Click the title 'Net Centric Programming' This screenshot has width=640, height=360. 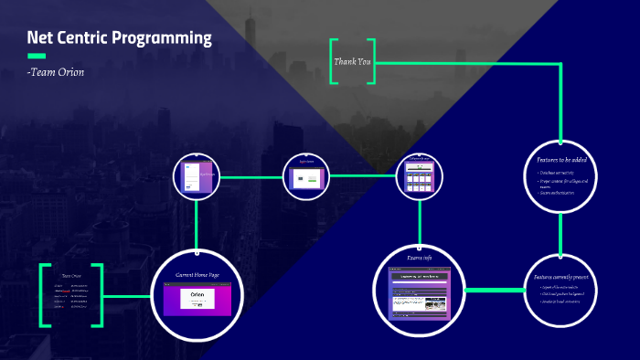tap(119, 38)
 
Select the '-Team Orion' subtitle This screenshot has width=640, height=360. tap(56, 72)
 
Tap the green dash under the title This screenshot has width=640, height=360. tap(37, 57)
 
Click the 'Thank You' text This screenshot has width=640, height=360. tap(353, 62)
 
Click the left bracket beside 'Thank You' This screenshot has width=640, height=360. tap(334, 62)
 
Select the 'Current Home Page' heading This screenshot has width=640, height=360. tap(197, 274)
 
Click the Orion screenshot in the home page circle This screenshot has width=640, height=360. tap(197, 300)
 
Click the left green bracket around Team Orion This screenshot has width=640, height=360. tap(44, 294)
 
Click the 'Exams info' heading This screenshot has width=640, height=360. tap(420, 258)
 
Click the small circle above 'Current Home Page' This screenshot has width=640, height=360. tap(197, 175)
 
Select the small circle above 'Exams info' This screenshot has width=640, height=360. tap(419, 175)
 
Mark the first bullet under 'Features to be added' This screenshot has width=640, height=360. tap(560, 173)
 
